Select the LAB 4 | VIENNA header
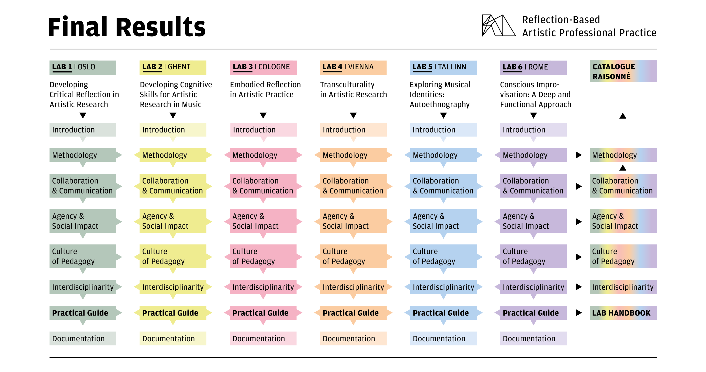click(x=353, y=68)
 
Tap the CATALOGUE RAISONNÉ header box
click(x=623, y=71)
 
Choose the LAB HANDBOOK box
click(x=623, y=313)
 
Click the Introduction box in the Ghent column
click(x=173, y=130)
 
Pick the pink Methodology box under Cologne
click(x=263, y=155)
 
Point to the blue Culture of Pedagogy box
click(x=443, y=256)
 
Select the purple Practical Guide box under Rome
click(x=533, y=313)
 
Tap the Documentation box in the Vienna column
click(x=353, y=338)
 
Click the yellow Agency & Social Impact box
click(x=173, y=221)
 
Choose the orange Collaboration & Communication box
click(x=353, y=186)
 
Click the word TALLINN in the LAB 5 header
click(x=452, y=67)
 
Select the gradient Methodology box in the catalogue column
click(x=623, y=155)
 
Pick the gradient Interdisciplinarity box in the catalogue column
click(x=623, y=287)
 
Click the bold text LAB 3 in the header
click(x=243, y=67)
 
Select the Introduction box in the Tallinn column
click(x=443, y=130)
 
